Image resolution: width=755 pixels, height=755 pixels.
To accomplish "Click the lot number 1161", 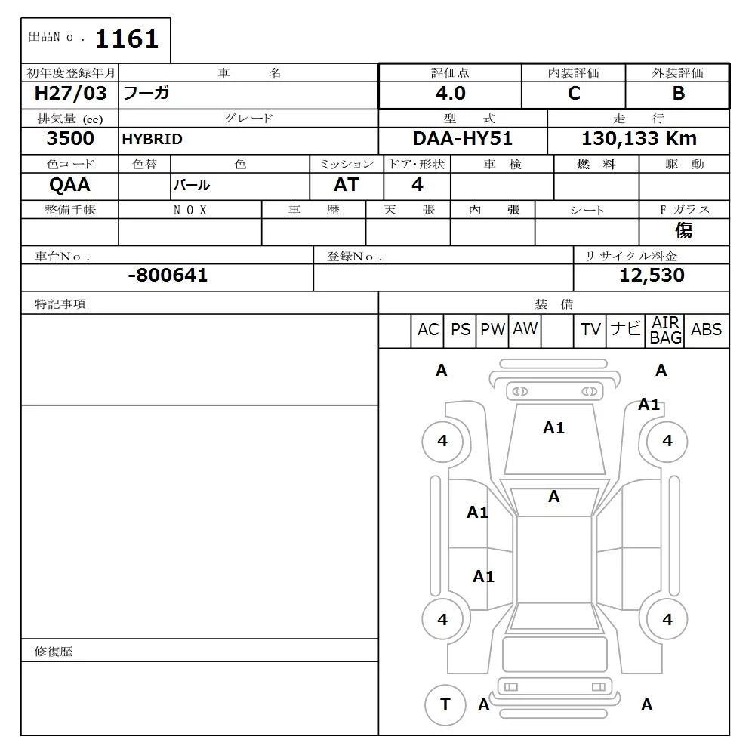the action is pos(127,39).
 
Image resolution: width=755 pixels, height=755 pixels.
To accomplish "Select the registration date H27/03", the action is pos(70,93).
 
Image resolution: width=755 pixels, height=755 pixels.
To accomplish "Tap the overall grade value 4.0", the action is pos(451,93).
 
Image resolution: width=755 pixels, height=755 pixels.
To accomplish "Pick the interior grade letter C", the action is pos(574,93).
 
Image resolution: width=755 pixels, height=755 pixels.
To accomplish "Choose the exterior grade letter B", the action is pos(679,93).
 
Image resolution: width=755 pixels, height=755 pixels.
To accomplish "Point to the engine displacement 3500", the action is pos(70,139).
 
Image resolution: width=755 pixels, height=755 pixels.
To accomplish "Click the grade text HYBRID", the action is pos(153,139).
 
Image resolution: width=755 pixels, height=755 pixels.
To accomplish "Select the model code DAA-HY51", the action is pos(462,139).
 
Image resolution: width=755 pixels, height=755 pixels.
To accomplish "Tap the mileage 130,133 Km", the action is pos(639,139).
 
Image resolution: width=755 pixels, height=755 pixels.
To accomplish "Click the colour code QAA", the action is pos(69,184).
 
